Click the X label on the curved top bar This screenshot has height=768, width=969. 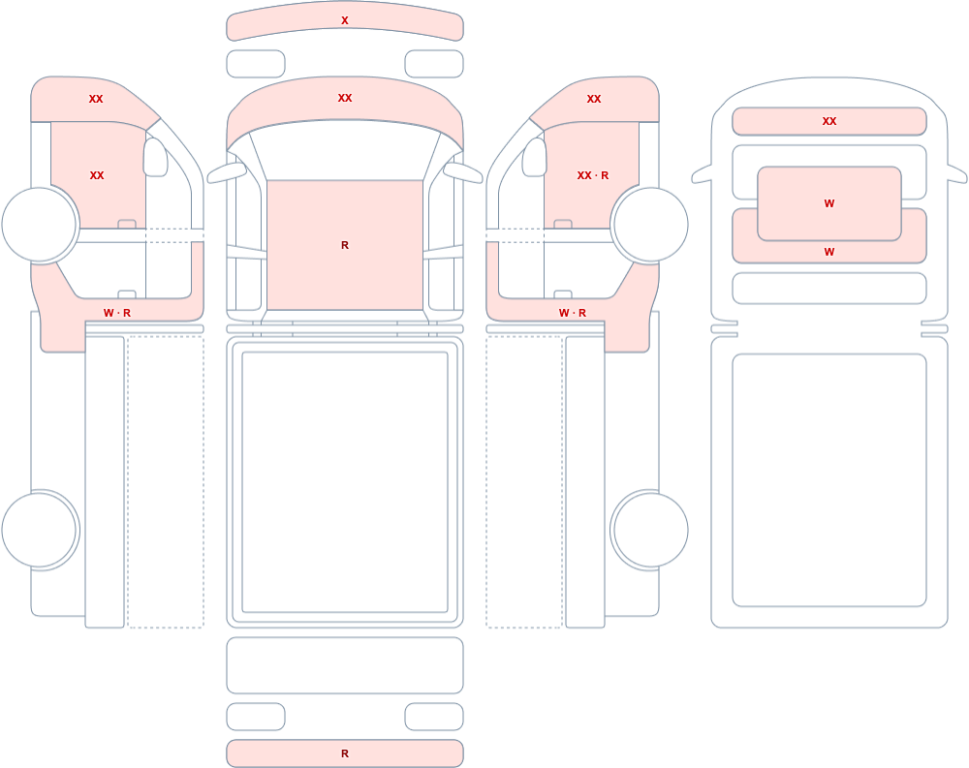point(345,20)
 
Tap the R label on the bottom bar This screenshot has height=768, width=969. point(345,753)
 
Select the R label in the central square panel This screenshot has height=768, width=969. point(345,245)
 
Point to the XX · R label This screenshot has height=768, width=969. point(593,175)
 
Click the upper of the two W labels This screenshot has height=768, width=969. point(829,203)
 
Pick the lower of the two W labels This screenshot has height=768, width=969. point(829,252)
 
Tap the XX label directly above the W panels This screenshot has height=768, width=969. point(829,121)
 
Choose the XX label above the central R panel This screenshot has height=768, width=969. point(345,98)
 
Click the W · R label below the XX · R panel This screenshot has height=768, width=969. point(573,313)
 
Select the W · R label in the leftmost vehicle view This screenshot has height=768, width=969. point(117,313)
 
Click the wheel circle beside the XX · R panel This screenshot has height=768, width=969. point(649,225)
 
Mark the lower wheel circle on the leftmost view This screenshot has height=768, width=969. point(40,530)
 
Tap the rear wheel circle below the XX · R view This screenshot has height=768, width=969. point(649,530)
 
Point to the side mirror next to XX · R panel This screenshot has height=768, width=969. point(535,158)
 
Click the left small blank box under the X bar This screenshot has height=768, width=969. point(256,64)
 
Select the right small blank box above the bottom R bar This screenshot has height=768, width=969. point(434,717)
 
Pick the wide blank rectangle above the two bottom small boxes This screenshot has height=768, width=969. point(345,664)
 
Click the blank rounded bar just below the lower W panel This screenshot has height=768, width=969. point(829,288)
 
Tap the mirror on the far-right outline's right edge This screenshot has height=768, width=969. point(957,174)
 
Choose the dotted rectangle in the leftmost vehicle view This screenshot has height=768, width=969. point(166,482)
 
